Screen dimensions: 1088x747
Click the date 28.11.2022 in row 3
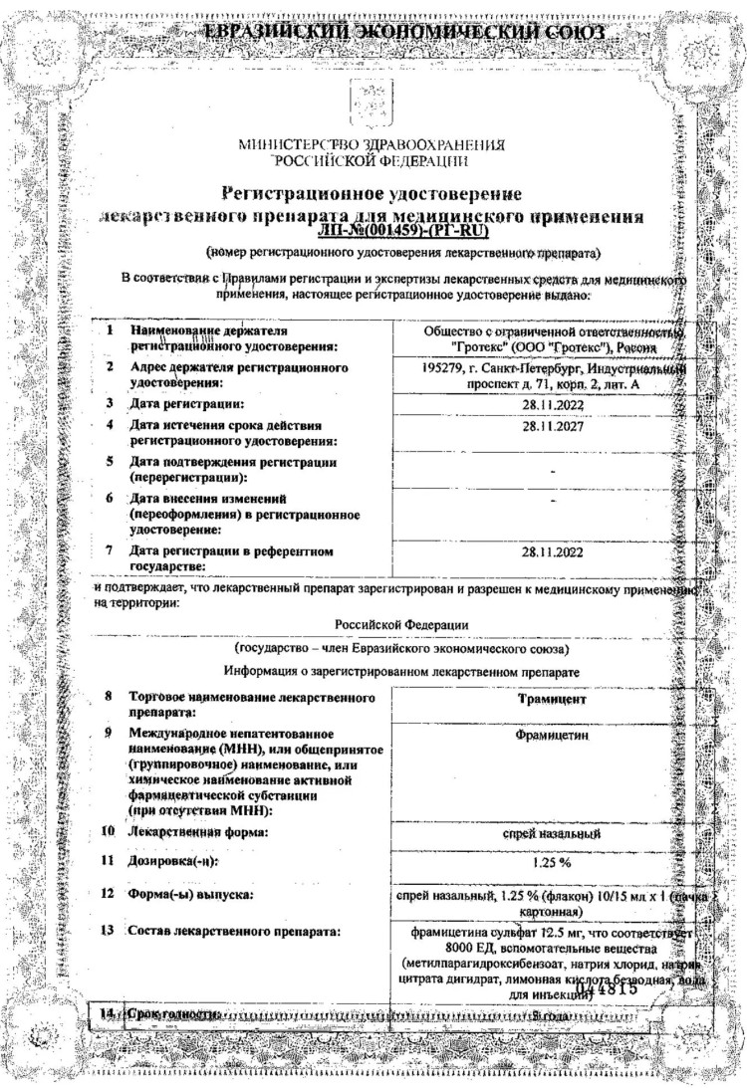[x=552, y=404]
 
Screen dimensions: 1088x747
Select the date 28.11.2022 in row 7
[x=552, y=550]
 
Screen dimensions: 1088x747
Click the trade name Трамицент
[x=552, y=700]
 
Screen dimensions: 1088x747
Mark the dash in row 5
[x=552, y=467]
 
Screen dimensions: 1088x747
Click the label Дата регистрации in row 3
[x=186, y=404]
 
